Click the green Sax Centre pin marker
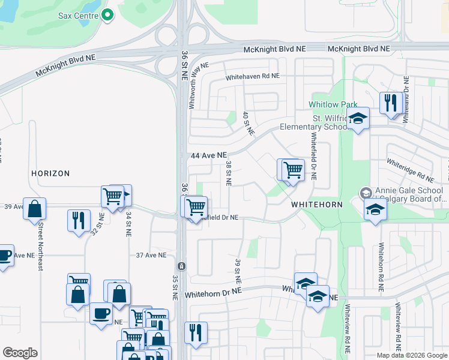click(x=107, y=15)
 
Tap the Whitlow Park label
click(x=328, y=104)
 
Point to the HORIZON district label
click(x=50, y=173)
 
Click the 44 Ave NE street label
click(x=208, y=155)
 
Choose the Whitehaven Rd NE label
click(x=253, y=77)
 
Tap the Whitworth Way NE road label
click(x=197, y=86)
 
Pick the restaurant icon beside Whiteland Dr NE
click(x=390, y=103)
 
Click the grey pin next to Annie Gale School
click(x=365, y=193)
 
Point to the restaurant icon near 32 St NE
click(x=79, y=220)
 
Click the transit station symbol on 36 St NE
click(x=181, y=266)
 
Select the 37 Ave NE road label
click(x=151, y=255)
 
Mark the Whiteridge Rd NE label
click(x=410, y=170)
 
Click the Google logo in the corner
click(x=20, y=352)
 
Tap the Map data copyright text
click(x=412, y=355)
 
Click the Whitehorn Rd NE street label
click(x=381, y=267)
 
